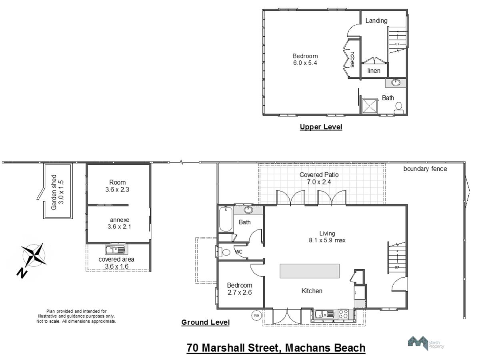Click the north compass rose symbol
click(34, 255)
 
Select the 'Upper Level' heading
click(321, 127)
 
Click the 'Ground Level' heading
click(205, 322)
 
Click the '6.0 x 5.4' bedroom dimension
click(305, 63)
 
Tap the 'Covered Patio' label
click(319, 175)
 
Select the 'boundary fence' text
click(425, 169)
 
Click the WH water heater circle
click(256, 316)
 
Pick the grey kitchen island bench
click(310, 271)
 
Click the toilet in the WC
click(224, 252)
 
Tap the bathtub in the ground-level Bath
click(226, 219)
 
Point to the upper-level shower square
click(369, 106)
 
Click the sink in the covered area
click(116, 249)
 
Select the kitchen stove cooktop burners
click(343, 314)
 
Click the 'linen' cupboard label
click(374, 71)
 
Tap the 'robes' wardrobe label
click(352, 60)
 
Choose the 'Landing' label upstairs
click(376, 21)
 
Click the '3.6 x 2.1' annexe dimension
click(119, 227)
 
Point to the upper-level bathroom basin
click(396, 83)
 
